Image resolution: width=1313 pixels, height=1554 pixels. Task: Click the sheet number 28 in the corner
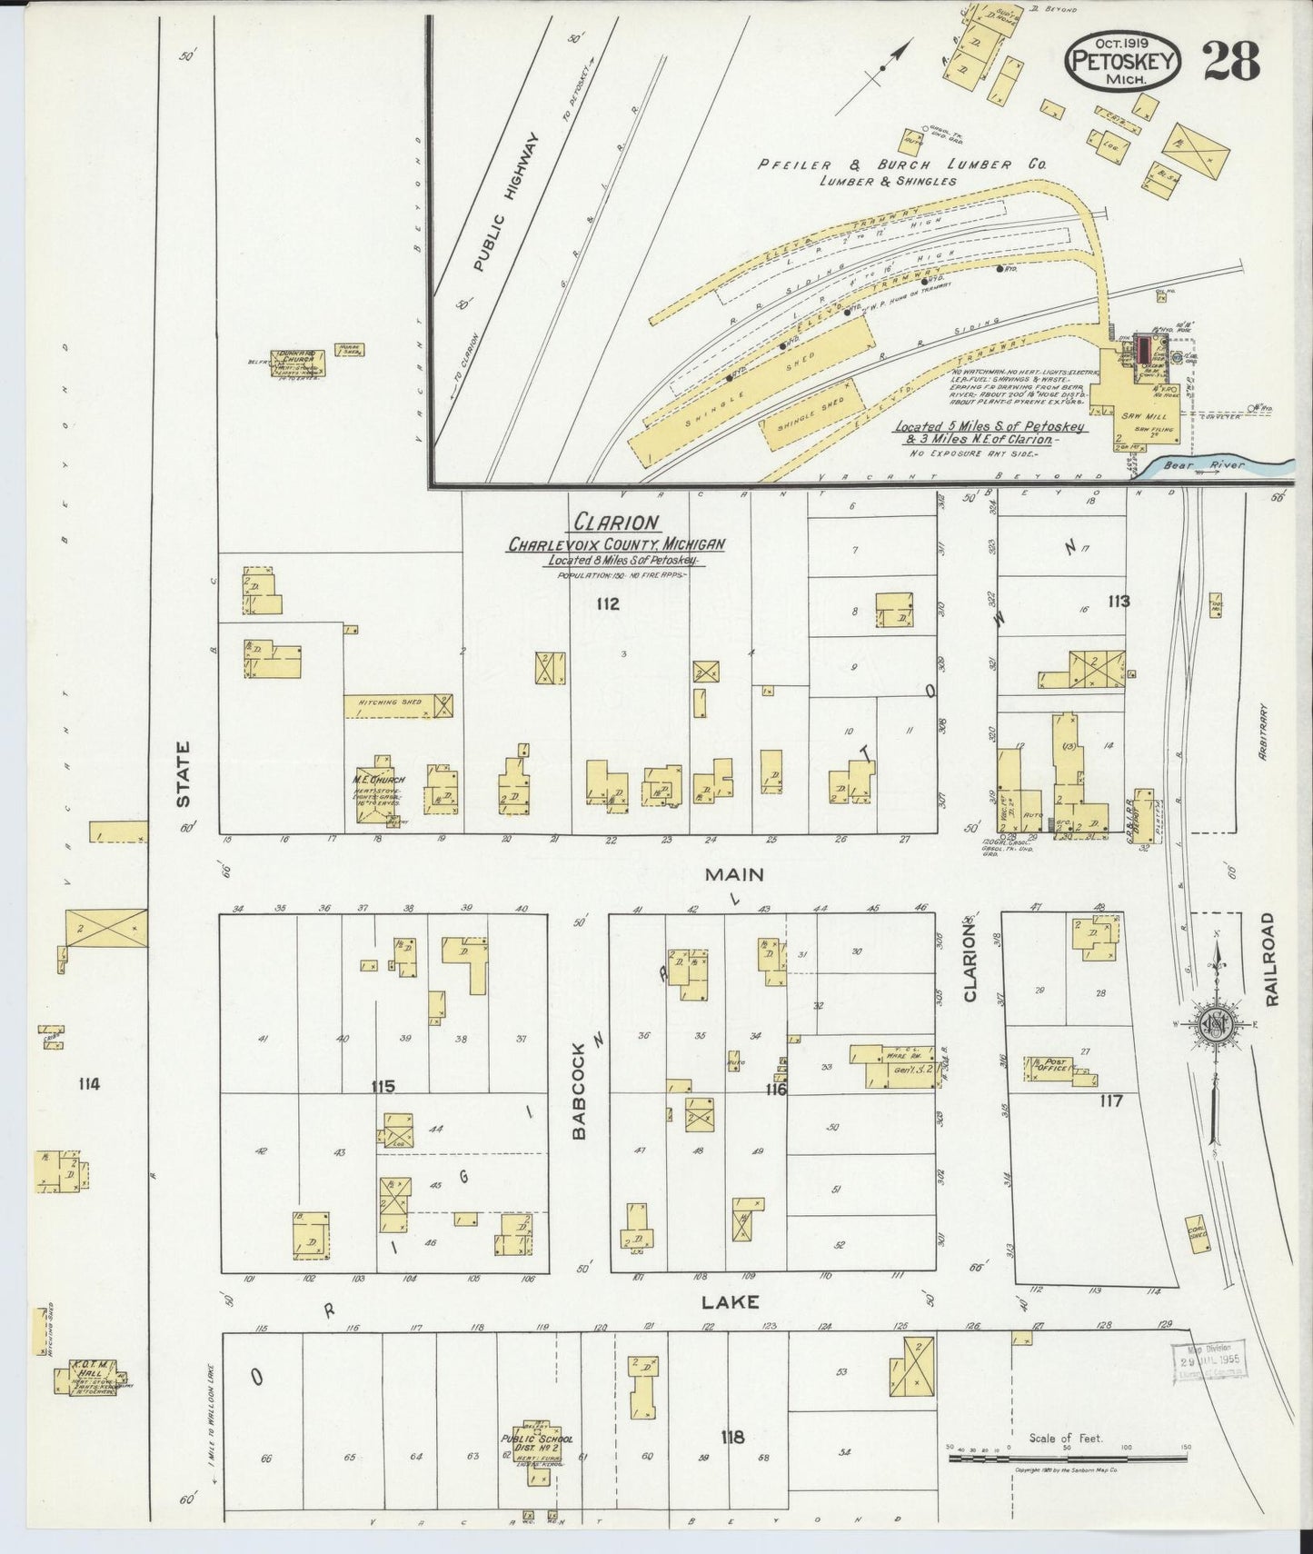click(1233, 62)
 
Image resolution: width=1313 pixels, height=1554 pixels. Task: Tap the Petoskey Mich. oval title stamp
click(1124, 62)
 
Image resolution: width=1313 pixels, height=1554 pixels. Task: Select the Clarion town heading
click(615, 523)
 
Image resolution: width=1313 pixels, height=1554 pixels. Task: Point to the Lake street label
click(731, 1302)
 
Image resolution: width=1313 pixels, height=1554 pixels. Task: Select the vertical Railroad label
click(1270, 959)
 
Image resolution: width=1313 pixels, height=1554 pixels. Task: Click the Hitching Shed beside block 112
click(398, 706)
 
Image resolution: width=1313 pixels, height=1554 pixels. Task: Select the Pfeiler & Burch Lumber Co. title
click(902, 165)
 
